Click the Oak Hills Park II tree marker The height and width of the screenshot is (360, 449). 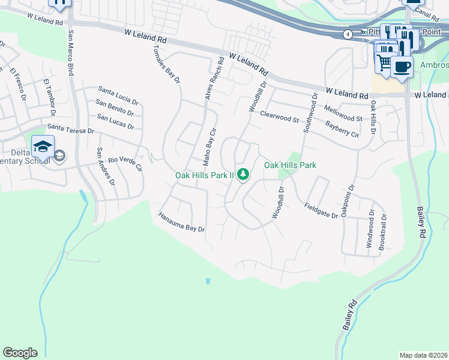pyautogui.click(x=243, y=175)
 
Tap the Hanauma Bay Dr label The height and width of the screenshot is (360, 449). pyautogui.click(x=182, y=221)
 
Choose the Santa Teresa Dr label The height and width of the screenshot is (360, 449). pyautogui.click(x=71, y=128)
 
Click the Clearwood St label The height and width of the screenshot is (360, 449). pyautogui.click(x=279, y=116)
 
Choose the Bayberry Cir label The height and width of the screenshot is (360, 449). pyautogui.click(x=342, y=129)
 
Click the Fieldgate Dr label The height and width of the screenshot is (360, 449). pyautogui.click(x=321, y=210)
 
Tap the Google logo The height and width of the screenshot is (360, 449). pyautogui.click(x=20, y=353)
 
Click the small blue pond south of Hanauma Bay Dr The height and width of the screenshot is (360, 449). pyautogui.click(x=208, y=281)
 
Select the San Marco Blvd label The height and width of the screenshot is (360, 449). pyautogui.click(x=70, y=52)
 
